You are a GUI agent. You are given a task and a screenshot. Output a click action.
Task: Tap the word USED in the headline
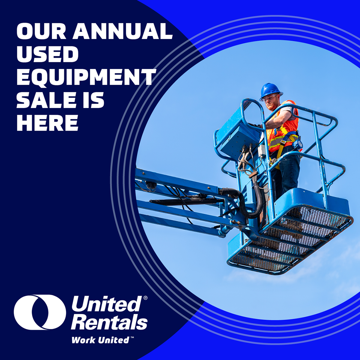[x=48, y=54]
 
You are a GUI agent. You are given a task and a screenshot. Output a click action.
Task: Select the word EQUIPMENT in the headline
[x=86, y=77]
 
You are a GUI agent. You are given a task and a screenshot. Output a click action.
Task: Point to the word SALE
[x=46, y=100]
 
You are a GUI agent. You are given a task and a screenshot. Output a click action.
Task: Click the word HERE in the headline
[x=48, y=123]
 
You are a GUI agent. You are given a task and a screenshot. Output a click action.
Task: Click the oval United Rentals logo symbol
[x=40, y=312]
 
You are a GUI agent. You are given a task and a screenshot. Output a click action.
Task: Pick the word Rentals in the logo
[x=109, y=322]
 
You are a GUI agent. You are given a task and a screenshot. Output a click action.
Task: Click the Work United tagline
[x=101, y=340]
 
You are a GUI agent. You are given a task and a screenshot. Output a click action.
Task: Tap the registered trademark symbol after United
[x=145, y=298]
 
